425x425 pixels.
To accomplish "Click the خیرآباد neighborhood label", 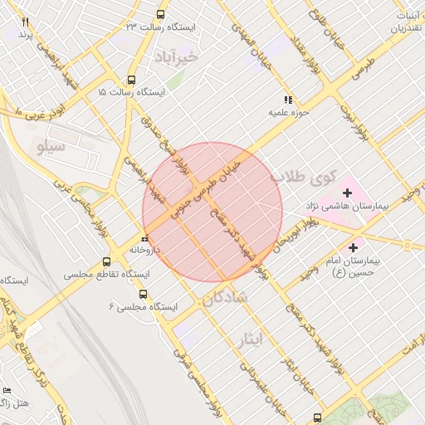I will pyautogui.click(x=178, y=56).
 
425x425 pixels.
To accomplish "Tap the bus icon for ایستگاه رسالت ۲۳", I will pyautogui.click(x=160, y=14).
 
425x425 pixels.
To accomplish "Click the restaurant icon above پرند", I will pyautogui.click(x=26, y=22).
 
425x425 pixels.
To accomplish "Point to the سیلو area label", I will pyautogui.click(x=51, y=146).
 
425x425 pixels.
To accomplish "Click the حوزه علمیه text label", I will pyautogui.click(x=286, y=111).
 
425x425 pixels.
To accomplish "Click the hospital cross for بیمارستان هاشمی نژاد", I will pyautogui.click(x=347, y=193).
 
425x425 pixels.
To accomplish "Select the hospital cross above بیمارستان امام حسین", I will pyautogui.click(x=354, y=247).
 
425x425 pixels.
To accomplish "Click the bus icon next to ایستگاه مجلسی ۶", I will pyautogui.click(x=143, y=294).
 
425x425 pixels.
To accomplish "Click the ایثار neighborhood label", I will pyautogui.click(x=249, y=340).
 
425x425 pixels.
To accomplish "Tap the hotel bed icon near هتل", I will pyautogui.click(x=7, y=390).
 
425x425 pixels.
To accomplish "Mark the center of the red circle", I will pyautogui.click(x=212, y=212).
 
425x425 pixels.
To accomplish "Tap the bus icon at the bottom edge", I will pyautogui.click(x=317, y=417).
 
